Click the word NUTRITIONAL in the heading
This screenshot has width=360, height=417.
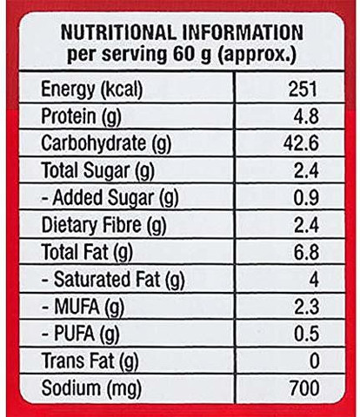[x=117, y=32]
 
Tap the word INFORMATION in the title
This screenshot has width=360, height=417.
[x=243, y=32]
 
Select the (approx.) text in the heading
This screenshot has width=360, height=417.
[x=257, y=55]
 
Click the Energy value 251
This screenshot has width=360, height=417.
[x=303, y=89]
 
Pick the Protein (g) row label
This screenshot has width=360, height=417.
[x=81, y=117]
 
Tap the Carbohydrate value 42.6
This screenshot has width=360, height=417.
[x=301, y=143]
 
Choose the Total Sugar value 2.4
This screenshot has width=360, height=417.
[x=306, y=171]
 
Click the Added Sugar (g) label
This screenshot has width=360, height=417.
[x=110, y=198]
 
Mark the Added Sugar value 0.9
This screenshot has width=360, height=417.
[x=306, y=198]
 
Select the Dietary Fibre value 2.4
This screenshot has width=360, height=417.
[x=306, y=225]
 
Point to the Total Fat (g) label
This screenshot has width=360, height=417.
[x=87, y=252]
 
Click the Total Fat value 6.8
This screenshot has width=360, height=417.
[x=306, y=252]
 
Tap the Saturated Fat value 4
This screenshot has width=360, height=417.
[x=314, y=280]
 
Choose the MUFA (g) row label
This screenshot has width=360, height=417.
[x=83, y=307]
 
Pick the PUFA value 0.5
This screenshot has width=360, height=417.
[x=307, y=334]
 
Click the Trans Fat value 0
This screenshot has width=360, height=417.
[x=315, y=361]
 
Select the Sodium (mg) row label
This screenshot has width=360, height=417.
[x=91, y=388]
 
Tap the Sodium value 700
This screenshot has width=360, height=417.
[x=304, y=388]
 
